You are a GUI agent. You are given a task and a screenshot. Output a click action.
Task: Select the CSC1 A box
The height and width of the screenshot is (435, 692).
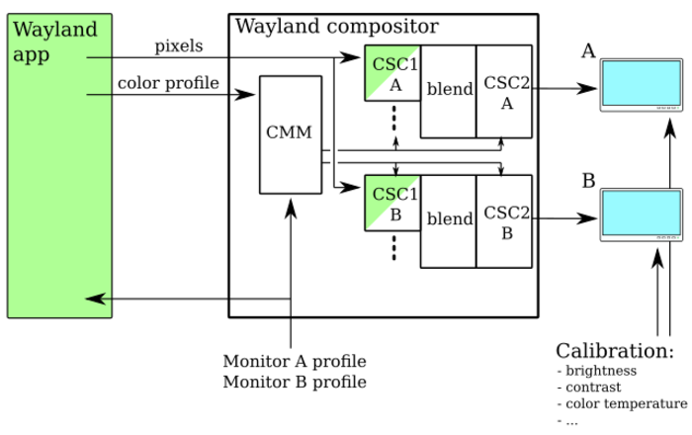point(392,72)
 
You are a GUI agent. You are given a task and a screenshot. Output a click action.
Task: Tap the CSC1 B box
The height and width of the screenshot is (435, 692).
point(392,202)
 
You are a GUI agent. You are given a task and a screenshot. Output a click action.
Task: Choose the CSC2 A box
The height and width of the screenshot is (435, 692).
point(505,91)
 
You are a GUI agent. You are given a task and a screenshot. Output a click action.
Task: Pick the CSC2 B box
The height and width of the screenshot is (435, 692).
point(505,221)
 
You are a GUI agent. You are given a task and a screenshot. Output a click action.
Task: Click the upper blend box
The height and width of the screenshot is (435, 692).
point(450,91)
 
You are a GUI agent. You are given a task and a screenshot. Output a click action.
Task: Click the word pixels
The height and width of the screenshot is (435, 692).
point(179,45)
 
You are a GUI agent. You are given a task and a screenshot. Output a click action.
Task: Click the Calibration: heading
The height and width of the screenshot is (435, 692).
point(614,351)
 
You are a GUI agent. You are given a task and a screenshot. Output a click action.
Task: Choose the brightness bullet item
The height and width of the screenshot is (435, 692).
point(601,371)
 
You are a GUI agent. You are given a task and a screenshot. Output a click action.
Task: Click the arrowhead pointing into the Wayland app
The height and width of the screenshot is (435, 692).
point(93,298)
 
